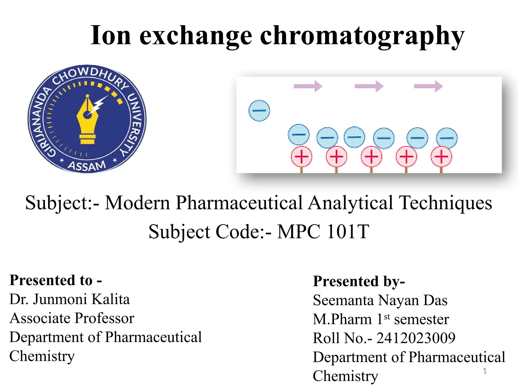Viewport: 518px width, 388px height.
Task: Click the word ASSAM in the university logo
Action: (87, 166)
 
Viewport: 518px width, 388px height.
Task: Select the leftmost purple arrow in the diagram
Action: (308, 86)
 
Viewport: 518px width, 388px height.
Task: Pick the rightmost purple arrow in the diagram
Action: (428, 86)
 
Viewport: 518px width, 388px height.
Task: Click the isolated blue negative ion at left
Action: (259, 111)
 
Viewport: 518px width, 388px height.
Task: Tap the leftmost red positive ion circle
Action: (301, 157)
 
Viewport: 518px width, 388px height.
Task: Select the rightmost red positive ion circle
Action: (441, 157)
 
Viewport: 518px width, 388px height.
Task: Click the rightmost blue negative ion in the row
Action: (447, 138)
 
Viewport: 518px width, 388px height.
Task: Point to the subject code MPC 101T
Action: (323, 231)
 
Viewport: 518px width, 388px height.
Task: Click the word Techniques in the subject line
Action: (445, 203)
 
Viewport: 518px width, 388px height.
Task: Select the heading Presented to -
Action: (56, 280)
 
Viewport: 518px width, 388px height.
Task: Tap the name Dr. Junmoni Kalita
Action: (70, 299)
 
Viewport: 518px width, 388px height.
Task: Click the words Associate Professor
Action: (72, 318)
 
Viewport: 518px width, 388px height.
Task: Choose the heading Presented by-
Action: (359, 281)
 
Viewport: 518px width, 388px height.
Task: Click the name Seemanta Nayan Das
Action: (380, 300)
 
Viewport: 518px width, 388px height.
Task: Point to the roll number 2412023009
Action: (416, 338)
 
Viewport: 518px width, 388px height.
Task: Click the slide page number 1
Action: (485, 371)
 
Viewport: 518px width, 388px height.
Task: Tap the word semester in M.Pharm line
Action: (421, 319)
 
